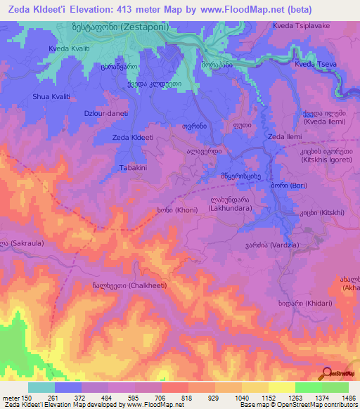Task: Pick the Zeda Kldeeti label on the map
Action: (x=133, y=138)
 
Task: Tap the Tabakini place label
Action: (x=132, y=168)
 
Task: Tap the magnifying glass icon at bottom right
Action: (x=326, y=373)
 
